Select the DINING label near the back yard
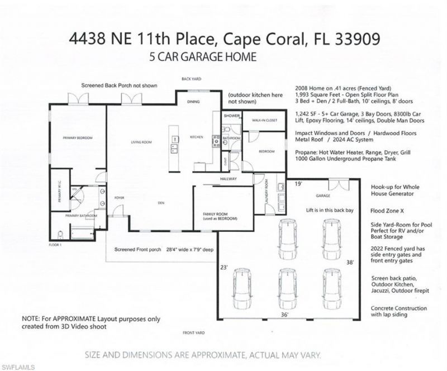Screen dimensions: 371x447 [x=193, y=102]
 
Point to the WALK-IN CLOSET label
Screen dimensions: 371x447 [x=265, y=120]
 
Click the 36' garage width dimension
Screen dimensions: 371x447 [x=284, y=315]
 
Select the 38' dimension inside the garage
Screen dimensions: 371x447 [x=350, y=261]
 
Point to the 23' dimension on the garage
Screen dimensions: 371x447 [x=223, y=267]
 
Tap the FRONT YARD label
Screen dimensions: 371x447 [x=193, y=333]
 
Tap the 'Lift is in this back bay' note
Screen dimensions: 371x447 [x=322, y=208]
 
